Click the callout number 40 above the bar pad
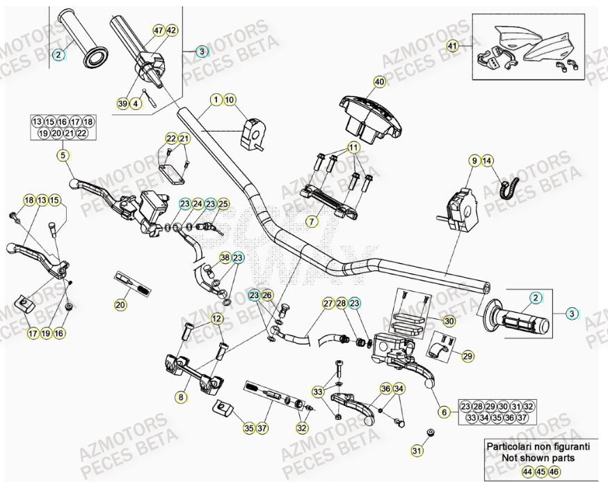click(x=379, y=81)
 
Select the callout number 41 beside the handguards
click(x=453, y=47)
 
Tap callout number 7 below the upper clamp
click(x=312, y=221)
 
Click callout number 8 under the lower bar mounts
click(x=182, y=398)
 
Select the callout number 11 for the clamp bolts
click(x=353, y=148)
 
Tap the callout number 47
click(x=158, y=30)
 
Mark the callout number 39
click(x=122, y=103)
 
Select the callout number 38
click(x=225, y=258)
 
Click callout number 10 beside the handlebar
click(x=230, y=100)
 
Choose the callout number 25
click(x=223, y=203)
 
